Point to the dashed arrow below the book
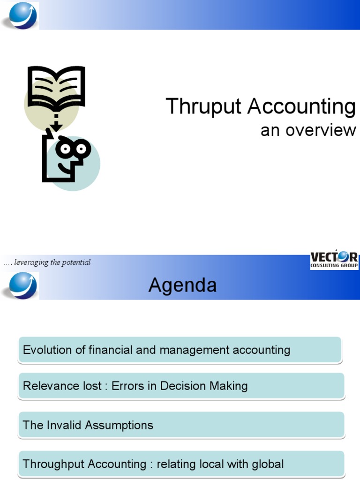(x=56, y=121)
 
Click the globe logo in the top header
(x=20, y=15)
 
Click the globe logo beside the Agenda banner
(x=20, y=285)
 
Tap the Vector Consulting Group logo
(x=334, y=260)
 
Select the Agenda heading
(x=182, y=285)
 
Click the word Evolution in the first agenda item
(x=47, y=350)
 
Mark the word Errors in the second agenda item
(x=127, y=386)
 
